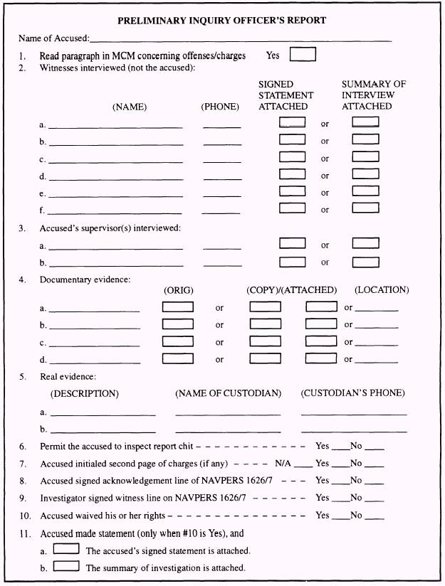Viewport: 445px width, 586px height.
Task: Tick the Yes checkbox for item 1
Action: [303, 54]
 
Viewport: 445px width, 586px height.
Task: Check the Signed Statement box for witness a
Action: [292, 122]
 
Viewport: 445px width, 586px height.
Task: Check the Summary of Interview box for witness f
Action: [365, 208]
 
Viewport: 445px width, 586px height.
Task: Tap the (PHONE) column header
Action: [220, 107]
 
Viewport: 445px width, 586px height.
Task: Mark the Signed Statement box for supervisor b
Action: [292, 261]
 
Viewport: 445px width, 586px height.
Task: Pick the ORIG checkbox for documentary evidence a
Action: [178, 307]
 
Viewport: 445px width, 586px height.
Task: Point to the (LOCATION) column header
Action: [382, 290]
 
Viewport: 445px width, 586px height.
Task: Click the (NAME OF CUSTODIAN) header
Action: [228, 393]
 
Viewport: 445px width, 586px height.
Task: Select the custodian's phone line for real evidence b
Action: [354, 431]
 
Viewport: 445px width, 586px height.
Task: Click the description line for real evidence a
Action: [103, 414]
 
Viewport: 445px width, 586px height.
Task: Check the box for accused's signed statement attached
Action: [66, 550]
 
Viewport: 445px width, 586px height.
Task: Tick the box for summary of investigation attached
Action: [66, 567]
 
